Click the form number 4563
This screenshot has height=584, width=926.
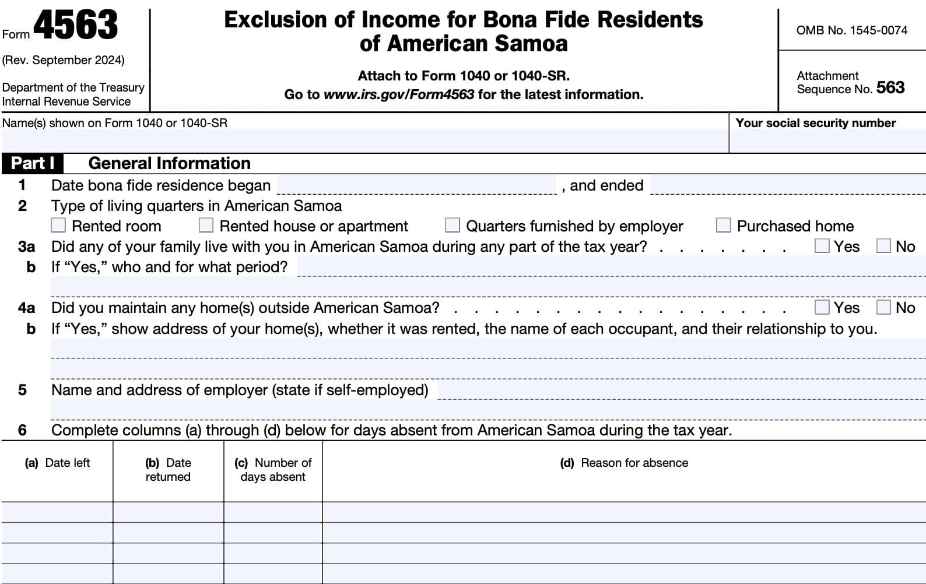pyautogui.click(x=76, y=26)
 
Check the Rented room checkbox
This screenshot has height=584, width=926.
pyautogui.click(x=58, y=225)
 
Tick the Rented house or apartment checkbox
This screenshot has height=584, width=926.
pyautogui.click(x=206, y=225)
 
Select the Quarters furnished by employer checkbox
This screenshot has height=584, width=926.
pyautogui.click(x=452, y=225)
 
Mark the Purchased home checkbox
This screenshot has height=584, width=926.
pyautogui.click(x=723, y=225)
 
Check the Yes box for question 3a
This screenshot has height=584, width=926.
pyautogui.click(x=822, y=246)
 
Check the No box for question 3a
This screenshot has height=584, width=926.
pyautogui.click(x=883, y=246)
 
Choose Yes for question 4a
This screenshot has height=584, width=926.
pyautogui.click(x=822, y=307)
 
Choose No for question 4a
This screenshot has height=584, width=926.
pyautogui.click(x=883, y=307)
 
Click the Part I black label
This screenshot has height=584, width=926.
pyautogui.click(x=33, y=163)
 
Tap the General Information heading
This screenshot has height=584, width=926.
pyautogui.click(x=169, y=163)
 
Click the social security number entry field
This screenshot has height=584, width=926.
pyautogui.click(x=827, y=141)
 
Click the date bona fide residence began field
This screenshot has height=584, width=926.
pyautogui.click(x=416, y=185)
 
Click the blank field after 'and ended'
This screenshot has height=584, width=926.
pyautogui.click(x=787, y=185)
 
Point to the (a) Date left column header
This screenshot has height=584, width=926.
pyautogui.click(x=57, y=463)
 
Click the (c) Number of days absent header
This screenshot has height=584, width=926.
pyautogui.click(x=273, y=470)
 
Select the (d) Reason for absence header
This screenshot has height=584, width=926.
pyautogui.click(x=624, y=463)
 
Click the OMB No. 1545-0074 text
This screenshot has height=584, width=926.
pyautogui.click(x=851, y=30)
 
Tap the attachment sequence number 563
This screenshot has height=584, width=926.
pyautogui.click(x=890, y=88)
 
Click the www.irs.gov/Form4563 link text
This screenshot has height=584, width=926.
pyautogui.click(x=398, y=94)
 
